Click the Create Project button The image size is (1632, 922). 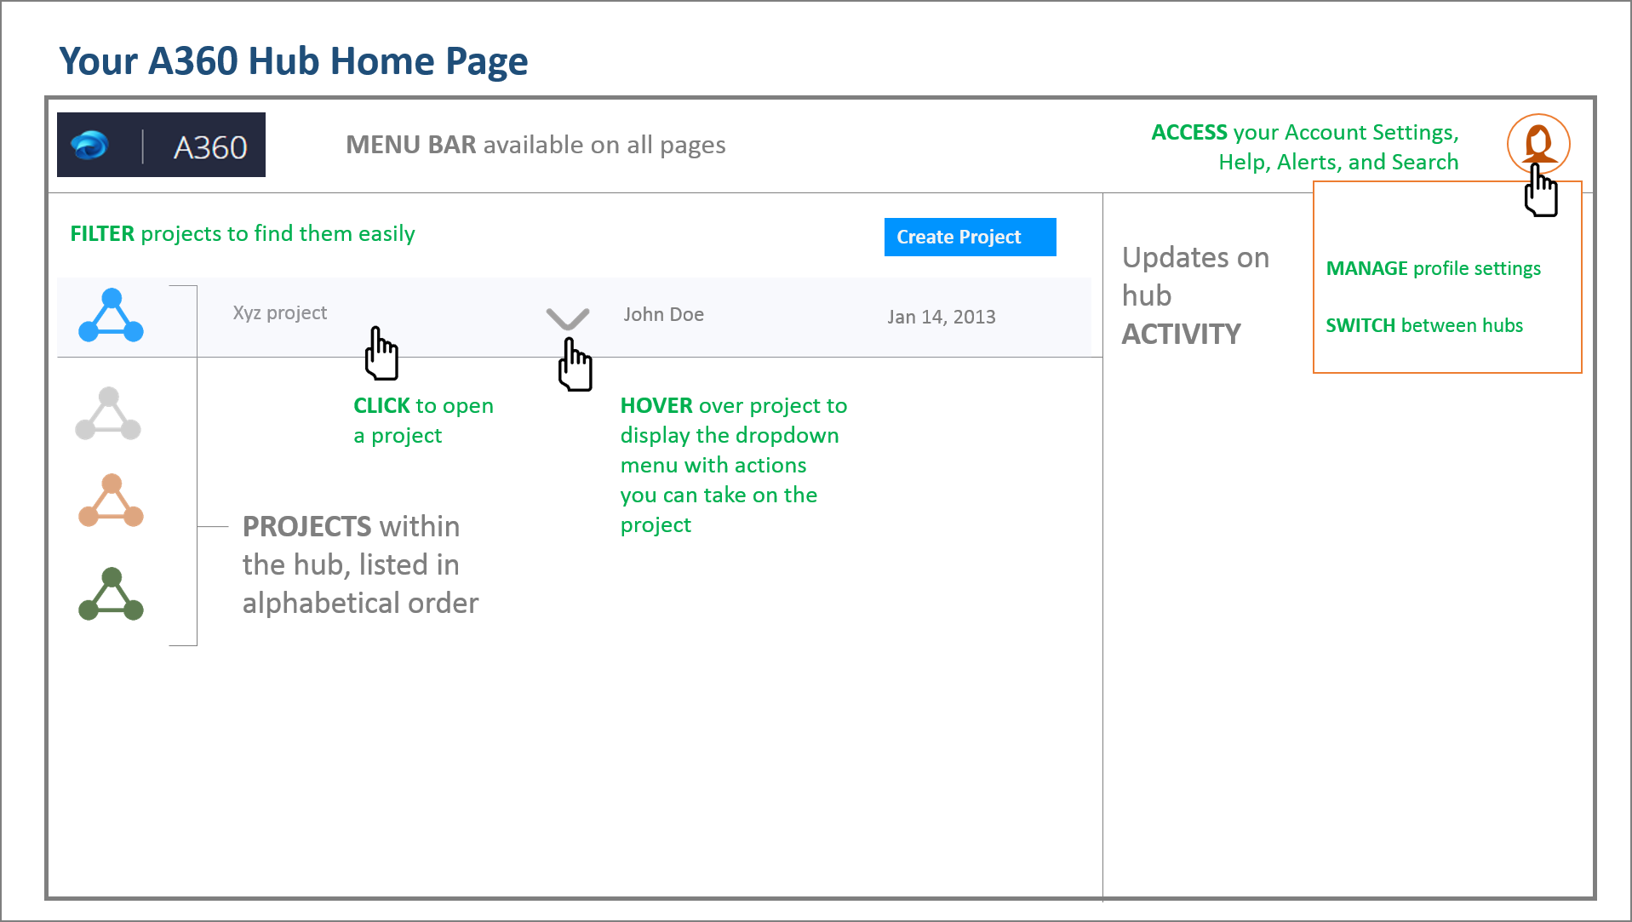click(970, 237)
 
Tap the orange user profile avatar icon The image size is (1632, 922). click(1538, 142)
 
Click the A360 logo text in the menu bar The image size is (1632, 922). click(210, 147)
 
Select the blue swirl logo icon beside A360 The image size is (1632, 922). click(89, 146)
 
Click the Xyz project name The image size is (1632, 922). click(279, 313)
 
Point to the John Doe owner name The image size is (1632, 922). click(663, 315)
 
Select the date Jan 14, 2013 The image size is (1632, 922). click(941, 317)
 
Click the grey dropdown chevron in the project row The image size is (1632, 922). click(568, 318)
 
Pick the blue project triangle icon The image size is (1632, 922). click(111, 316)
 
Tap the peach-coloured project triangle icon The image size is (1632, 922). click(111, 501)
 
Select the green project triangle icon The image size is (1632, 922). click(111, 594)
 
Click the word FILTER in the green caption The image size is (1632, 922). click(102, 234)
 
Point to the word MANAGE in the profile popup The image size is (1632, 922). click(1366, 269)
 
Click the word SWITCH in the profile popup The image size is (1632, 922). click(1360, 326)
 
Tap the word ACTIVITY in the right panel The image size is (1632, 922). click(1181, 335)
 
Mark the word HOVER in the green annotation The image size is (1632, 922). click(656, 406)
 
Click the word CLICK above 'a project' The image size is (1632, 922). click(381, 406)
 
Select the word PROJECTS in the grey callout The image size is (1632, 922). click(306, 527)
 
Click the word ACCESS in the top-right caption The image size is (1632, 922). click(1189, 133)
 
